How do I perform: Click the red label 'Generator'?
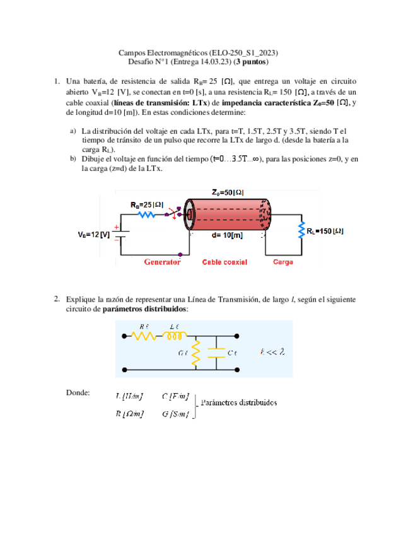pyautogui.click(x=163, y=261)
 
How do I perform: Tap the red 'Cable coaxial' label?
pyautogui.click(x=225, y=261)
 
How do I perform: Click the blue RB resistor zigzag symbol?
pyautogui.click(x=146, y=215)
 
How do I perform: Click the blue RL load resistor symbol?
pyautogui.click(x=301, y=232)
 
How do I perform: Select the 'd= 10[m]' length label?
pyautogui.click(x=227, y=235)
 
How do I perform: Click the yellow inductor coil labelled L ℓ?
pyautogui.click(x=176, y=337)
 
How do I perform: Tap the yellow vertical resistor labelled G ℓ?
pyautogui.click(x=196, y=353)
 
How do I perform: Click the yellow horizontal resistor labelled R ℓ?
pyautogui.click(x=144, y=337)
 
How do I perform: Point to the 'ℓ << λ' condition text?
pyautogui.click(x=272, y=352)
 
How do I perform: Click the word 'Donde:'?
pyautogui.click(x=78, y=393)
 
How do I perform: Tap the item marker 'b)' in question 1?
pyautogui.click(x=73, y=160)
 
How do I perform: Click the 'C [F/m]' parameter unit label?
pyautogui.click(x=175, y=396)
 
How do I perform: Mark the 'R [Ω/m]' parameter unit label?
pyautogui.click(x=129, y=414)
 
